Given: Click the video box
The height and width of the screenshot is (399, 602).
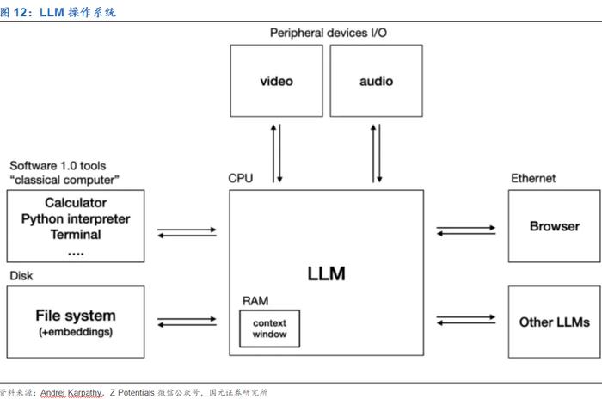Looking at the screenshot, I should (x=277, y=82).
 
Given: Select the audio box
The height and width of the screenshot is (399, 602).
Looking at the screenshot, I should (x=376, y=82).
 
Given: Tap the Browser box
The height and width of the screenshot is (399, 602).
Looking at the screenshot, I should (x=554, y=227).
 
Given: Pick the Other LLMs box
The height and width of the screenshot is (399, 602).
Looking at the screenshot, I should (x=554, y=322).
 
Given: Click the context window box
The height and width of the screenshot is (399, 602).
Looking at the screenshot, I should (x=269, y=328).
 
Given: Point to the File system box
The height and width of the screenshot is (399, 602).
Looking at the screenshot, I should (x=76, y=322).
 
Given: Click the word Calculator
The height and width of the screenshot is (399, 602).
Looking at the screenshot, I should (x=76, y=203).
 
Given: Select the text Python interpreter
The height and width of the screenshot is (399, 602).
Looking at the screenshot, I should (x=76, y=218).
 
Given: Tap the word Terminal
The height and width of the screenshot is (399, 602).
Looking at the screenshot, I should (x=76, y=234).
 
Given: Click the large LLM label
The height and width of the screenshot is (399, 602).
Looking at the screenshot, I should (x=326, y=274).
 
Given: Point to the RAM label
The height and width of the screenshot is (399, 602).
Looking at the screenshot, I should (x=255, y=300).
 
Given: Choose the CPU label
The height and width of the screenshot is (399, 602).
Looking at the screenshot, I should (x=240, y=178).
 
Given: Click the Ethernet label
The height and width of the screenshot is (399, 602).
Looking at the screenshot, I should (x=533, y=178).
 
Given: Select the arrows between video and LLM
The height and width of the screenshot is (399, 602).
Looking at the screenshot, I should (x=277, y=153).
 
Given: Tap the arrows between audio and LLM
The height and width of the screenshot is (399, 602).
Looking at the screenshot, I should (x=376, y=153).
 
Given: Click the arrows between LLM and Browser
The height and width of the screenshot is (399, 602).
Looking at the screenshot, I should (x=466, y=230).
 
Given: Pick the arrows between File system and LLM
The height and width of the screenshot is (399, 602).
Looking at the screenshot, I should (x=187, y=322).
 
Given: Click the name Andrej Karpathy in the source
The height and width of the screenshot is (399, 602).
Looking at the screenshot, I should (x=72, y=392).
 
